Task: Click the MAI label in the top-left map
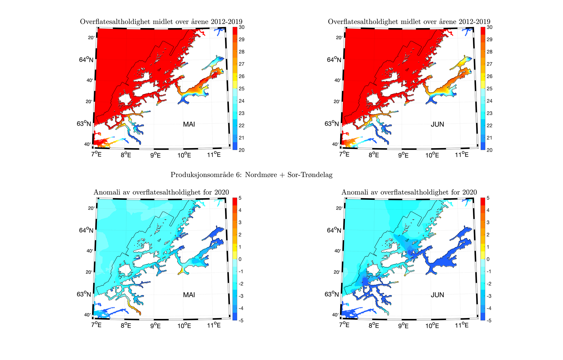point(189,124)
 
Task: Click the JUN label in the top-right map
point(437,124)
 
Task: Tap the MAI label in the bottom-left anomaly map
point(189,295)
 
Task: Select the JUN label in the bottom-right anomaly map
point(437,295)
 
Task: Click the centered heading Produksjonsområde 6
point(251,175)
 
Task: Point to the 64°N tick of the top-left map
point(86,60)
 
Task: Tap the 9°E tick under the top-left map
point(155,155)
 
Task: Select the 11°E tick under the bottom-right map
point(462,325)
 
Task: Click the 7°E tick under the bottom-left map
point(96,325)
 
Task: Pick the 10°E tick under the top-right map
point(432,155)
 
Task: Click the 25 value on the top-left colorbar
point(241,89)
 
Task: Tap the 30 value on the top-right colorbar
point(489,27)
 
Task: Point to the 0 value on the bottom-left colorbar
point(240,259)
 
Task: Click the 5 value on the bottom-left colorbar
point(240,198)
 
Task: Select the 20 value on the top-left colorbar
point(241,150)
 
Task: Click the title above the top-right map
point(409,22)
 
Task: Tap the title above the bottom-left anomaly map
point(161,192)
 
